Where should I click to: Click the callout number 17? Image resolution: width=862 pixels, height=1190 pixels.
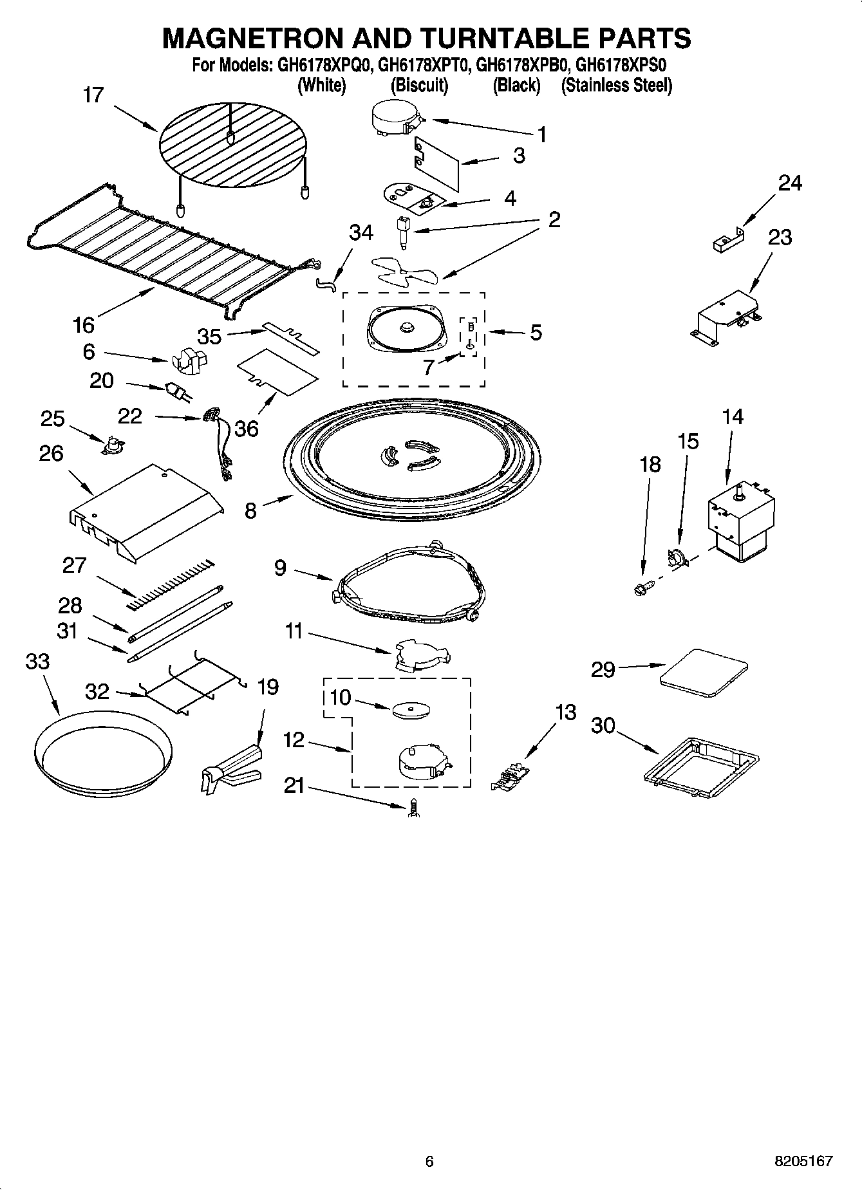click(x=93, y=95)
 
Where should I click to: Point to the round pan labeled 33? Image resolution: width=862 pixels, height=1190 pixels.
click(x=102, y=752)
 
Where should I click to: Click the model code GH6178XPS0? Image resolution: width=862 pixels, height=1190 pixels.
click(x=620, y=65)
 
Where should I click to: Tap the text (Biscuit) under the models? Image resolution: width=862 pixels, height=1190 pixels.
click(x=419, y=85)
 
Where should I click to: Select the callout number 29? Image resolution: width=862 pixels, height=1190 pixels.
click(x=603, y=670)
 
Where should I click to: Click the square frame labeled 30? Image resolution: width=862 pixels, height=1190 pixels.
click(x=702, y=761)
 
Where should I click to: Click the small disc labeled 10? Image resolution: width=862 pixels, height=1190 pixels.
click(x=410, y=709)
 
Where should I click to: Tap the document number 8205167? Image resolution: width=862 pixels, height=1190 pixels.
click(x=803, y=1161)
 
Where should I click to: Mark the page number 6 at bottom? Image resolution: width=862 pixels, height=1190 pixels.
click(x=429, y=1161)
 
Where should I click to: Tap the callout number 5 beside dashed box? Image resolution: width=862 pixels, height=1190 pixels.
click(x=536, y=333)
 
